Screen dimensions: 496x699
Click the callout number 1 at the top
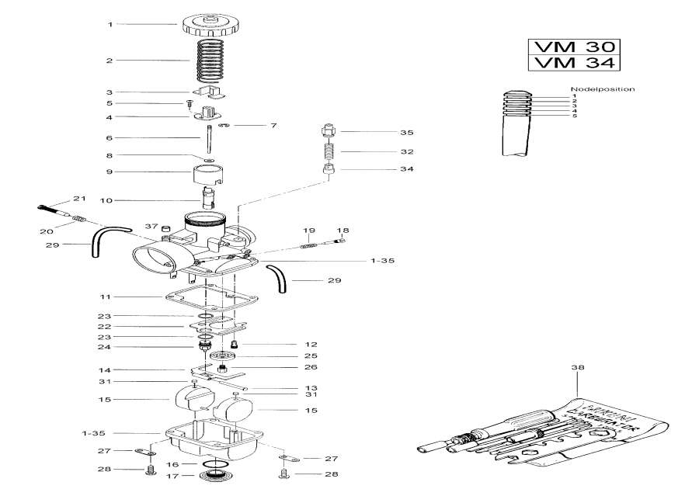coord(110,25)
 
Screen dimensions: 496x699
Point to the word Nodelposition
coord(603,89)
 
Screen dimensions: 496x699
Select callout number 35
coord(384,133)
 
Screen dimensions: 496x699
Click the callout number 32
coord(384,151)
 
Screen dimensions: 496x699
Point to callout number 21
coord(78,199)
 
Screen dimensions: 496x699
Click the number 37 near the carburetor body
coord(151,226)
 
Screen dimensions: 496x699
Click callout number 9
coord(110,172)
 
